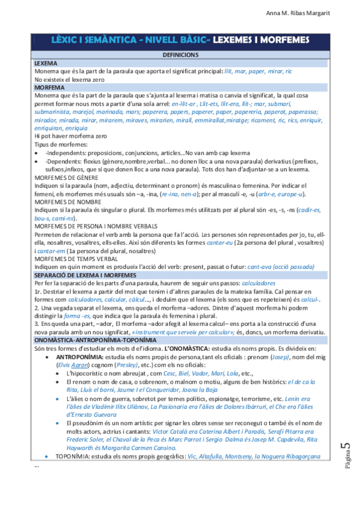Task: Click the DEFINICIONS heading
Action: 180,55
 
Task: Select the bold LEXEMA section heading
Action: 46,63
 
